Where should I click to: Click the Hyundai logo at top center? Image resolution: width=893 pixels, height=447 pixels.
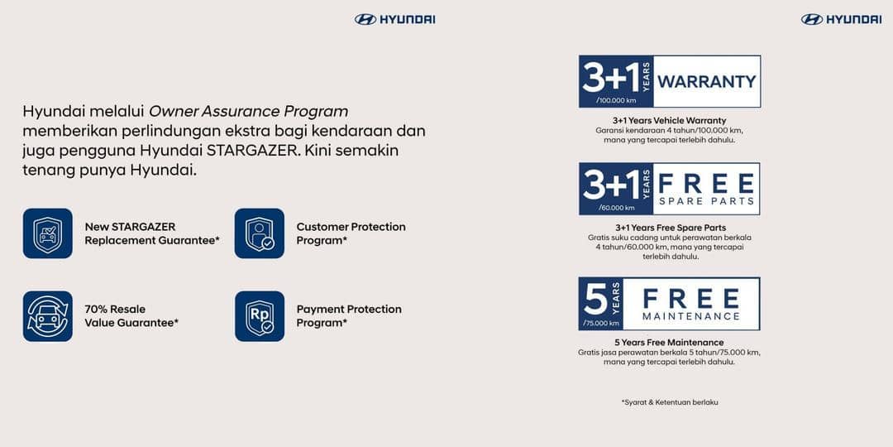click(394, 19)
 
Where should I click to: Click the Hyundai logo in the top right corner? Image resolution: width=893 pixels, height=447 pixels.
click(841, 19)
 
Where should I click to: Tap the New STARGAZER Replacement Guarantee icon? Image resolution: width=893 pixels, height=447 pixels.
click(48, 233)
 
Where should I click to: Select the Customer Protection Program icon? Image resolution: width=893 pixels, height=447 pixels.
click(260, 233)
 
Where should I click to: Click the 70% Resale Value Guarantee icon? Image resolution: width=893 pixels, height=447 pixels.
click(48, 316)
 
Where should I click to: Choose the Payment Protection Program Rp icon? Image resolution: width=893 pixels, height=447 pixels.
click(260, 316)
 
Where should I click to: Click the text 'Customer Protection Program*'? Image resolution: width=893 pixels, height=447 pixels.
click(351, 233)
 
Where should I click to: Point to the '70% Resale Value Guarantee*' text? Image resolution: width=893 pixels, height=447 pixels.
click(131, 316)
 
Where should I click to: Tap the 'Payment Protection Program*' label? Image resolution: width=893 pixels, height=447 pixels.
click(349, 316)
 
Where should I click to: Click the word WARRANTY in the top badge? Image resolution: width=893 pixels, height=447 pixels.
click(706, 81)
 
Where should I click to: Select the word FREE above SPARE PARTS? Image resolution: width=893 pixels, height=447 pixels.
click(706, 182)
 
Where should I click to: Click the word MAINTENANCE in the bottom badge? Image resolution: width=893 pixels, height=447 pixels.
click(691, 316)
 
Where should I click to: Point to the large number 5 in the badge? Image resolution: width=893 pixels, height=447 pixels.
click(595, 299)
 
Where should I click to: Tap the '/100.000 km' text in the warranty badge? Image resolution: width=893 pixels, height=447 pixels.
click(616, 100)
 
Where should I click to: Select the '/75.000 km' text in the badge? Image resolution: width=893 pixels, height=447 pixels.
click(600, 323)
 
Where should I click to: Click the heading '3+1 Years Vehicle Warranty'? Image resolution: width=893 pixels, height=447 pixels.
click(669, 120)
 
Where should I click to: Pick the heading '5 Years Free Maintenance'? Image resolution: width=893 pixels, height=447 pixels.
click(669, 342)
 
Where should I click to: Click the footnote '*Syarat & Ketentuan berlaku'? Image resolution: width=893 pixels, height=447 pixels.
click(669, 402)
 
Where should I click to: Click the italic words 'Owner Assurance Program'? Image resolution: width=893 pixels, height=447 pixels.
click(248, 111)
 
